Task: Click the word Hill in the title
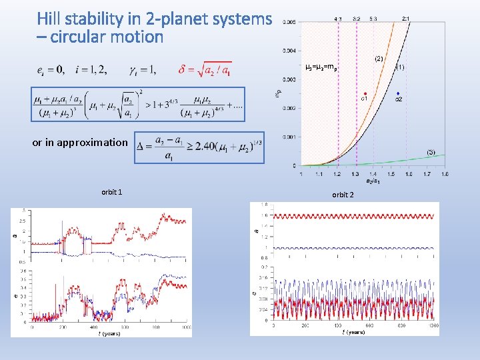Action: click(x=51, y=18)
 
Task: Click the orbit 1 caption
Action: click(x=111, y=192)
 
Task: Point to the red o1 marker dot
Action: click(x=365, y=93)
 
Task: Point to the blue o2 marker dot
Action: click(x=398, y=93)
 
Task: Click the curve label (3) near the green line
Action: click(x=431, y=153)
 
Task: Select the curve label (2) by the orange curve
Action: click(x=379, y=59)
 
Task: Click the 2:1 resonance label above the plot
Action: click(x=406, y=19)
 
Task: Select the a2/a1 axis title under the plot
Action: click(x=373, y=180)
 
